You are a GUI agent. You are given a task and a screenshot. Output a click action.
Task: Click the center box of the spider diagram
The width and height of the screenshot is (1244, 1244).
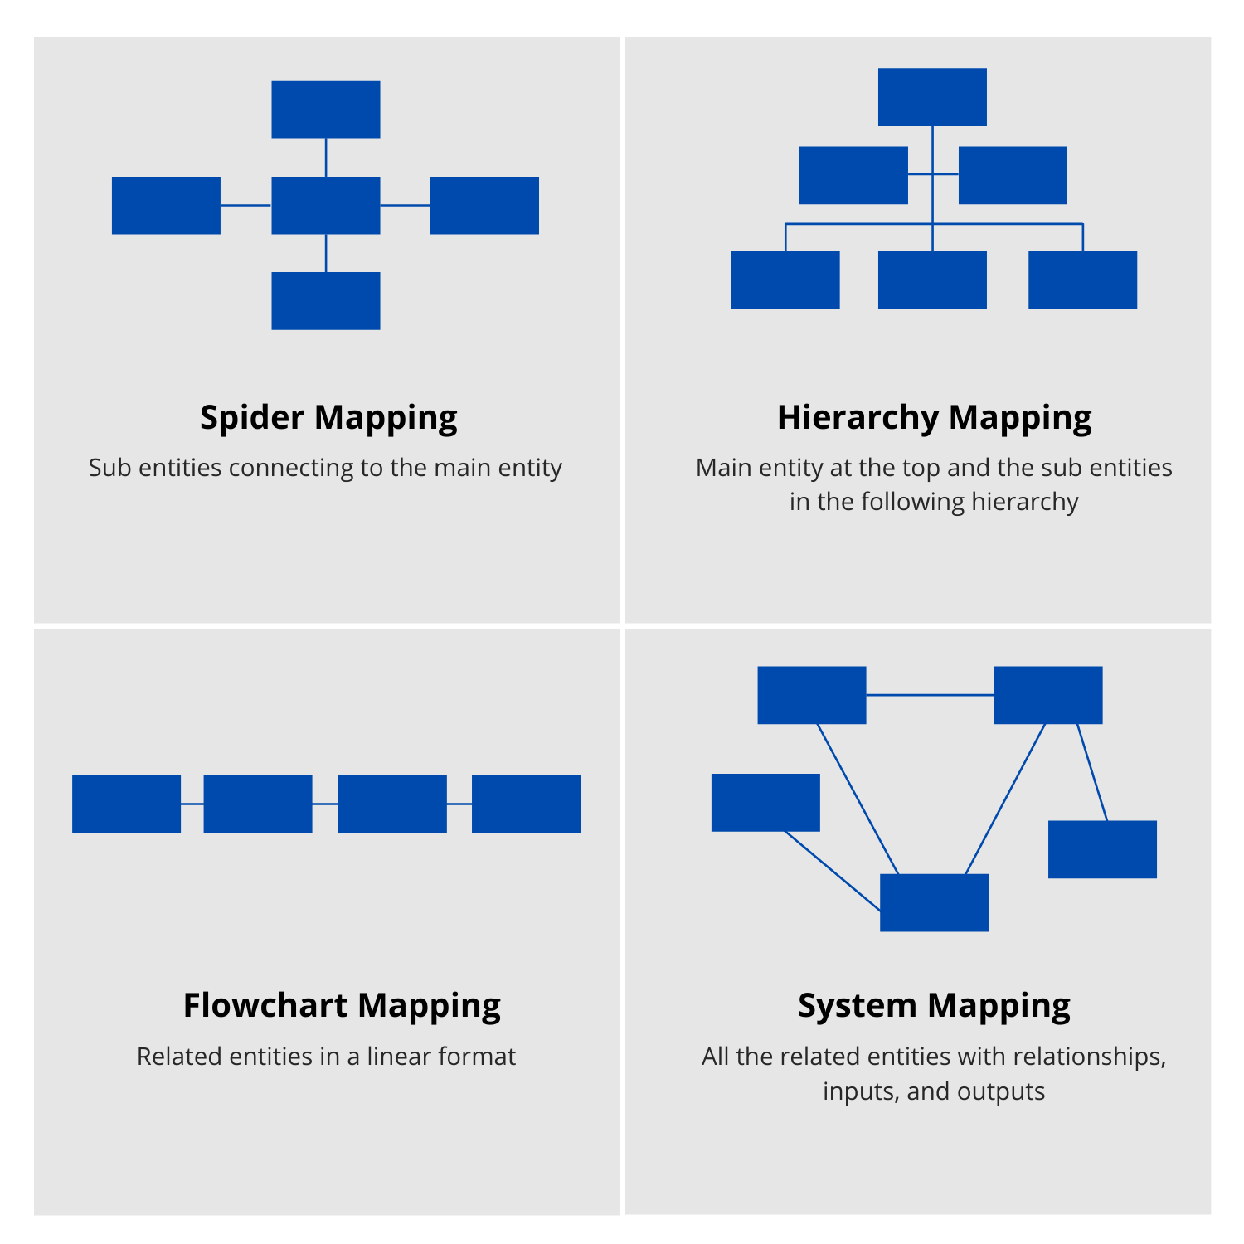[x=326, y=205]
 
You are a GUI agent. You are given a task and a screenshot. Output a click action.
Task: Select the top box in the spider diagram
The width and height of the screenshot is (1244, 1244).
[x=326, y=109]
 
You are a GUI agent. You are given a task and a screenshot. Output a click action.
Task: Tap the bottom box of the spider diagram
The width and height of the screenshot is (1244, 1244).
[x=326, y=301]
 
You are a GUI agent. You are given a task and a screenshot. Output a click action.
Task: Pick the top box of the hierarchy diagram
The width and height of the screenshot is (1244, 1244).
[x=932, y=97]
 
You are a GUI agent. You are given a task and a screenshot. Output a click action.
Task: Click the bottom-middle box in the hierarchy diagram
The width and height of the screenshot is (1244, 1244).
[x=932, y=280]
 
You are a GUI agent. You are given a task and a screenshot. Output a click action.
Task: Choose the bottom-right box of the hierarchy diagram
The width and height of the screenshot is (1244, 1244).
[x=1082, y=280]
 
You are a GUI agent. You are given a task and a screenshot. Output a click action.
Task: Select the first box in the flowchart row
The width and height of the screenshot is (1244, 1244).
[x=126, y=804]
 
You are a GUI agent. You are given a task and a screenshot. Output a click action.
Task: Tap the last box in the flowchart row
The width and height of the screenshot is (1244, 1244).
[x=526, y=804]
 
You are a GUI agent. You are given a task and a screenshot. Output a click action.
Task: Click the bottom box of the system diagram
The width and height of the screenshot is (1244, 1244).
[x=934, y=902]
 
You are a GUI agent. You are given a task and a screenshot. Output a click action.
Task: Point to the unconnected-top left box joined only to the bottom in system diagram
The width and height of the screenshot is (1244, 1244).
[x=765, y=802]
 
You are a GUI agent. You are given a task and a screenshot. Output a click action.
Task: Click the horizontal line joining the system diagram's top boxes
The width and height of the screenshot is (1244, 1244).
[x=930, y=695]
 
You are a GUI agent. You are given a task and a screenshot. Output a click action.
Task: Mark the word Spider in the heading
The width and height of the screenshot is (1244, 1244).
[x=252, y=418]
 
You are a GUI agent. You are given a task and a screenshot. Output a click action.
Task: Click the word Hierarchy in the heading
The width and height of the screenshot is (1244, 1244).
[x=858, y=418]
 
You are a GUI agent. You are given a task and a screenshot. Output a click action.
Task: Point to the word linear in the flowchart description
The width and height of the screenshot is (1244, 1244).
[x=398, y=1057]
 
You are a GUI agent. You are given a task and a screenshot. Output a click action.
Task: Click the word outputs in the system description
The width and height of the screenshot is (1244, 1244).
[x=1001, y=1091]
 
